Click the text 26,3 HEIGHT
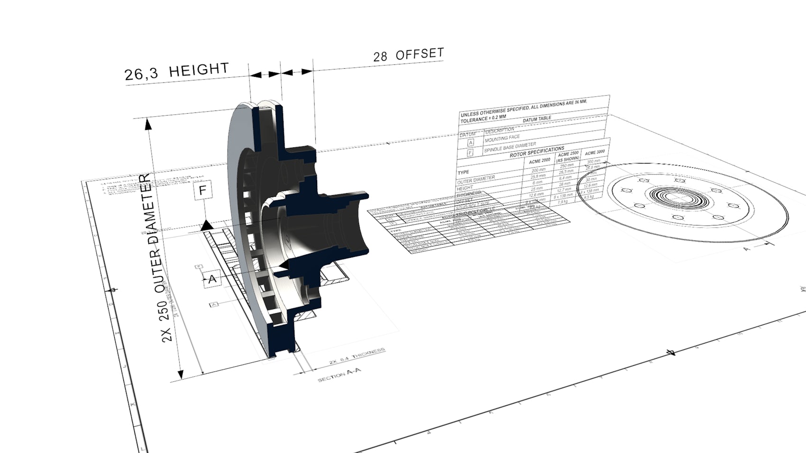[176, 72]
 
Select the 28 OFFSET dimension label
[408, 55]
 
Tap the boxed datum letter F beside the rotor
[202, 191]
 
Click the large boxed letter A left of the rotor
[212, 279]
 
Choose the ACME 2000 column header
[540, 161]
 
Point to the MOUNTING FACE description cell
[502, 138]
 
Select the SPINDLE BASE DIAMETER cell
[510, 147]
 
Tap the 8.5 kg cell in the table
[589, 197]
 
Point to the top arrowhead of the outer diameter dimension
[148, 124]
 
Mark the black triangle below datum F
[207, 225]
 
